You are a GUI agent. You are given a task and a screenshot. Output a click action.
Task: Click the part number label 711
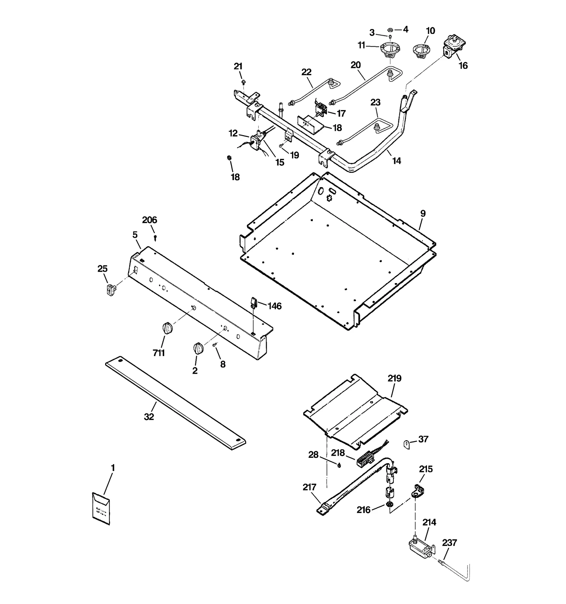[x=159, y=353]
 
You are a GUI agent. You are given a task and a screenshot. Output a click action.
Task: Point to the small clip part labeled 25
[x=111, y=289]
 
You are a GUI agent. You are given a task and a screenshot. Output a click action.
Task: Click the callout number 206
[x=149, y=220]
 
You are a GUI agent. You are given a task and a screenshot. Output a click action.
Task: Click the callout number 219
[x=394, y=378]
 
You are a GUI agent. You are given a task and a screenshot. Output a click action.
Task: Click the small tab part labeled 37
[x=407, y=444]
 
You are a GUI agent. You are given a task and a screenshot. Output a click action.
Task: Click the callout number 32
[x=149, y=417]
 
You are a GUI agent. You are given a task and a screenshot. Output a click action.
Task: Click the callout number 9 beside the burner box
[x=423, y=214]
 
